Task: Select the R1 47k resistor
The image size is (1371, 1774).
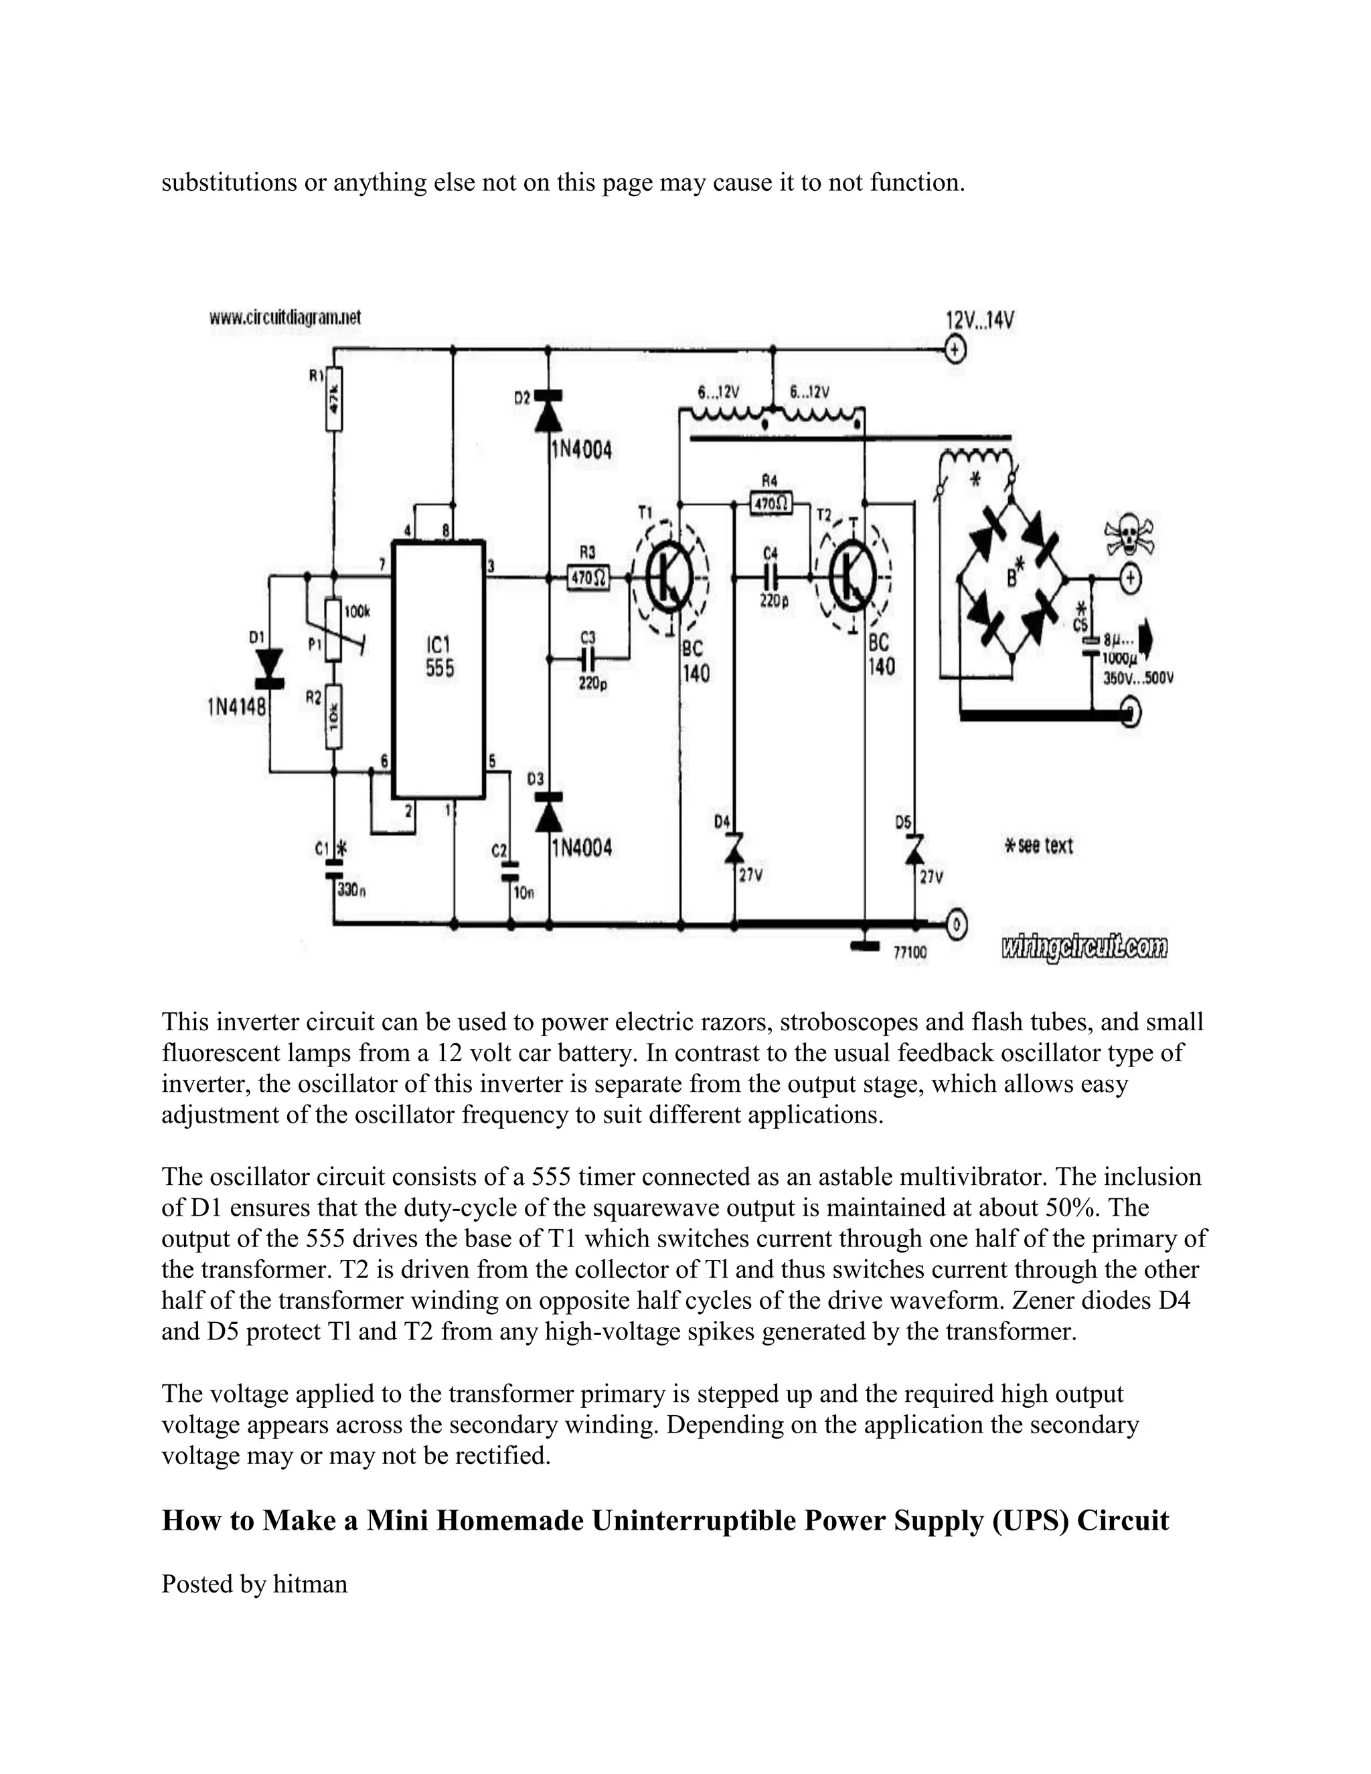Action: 333,400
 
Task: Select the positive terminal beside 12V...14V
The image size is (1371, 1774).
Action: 955,351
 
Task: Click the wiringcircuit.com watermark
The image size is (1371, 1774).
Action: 1084,947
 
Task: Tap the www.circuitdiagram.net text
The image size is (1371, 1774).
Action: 285,317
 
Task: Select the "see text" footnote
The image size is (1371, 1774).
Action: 1039,845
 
